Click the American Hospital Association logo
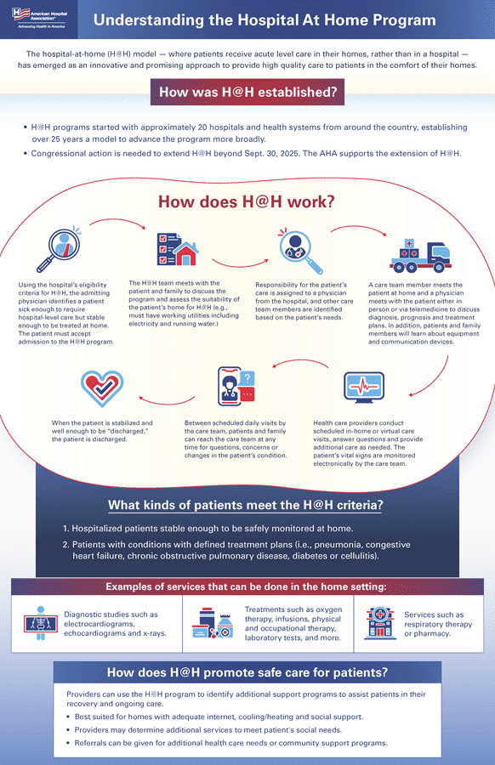click(x=38, y=19)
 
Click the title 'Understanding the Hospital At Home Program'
click(x=265, y=20)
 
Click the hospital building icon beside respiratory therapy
click(x=379, y=623)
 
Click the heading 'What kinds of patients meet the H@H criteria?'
click(x=245, y=506)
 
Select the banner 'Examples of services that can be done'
click(x=247, y=586)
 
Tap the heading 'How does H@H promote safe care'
click(x=247, y=672)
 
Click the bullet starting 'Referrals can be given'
click(x=230, y=743)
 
